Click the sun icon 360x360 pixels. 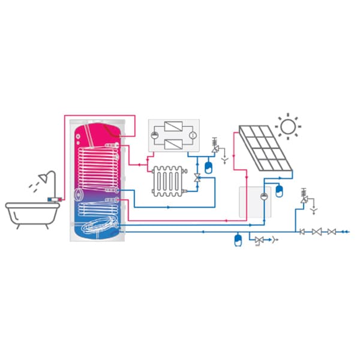[x=288, y=127]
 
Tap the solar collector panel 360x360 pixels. [x=265, y=148]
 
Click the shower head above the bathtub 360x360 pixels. [x=42, y=178]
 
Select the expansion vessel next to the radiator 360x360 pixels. [x=209, y=167]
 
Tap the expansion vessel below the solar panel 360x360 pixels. [x=278, y=192]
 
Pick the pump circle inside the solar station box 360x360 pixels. [x=263, y=196]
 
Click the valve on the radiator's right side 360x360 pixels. [x=197, y=178]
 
